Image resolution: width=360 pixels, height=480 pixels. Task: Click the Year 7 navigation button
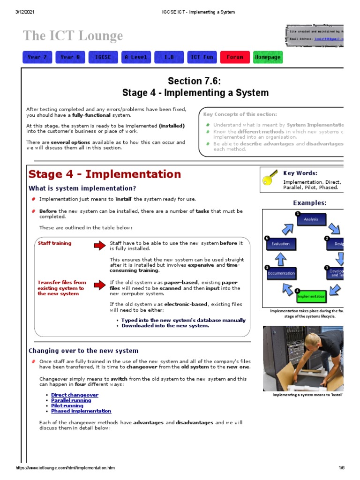tap(37, 57)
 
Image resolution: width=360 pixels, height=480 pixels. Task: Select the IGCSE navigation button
tap(103, 57)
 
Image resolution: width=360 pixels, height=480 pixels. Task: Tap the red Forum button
tap(235, 57)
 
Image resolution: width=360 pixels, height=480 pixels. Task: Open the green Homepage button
tap(268, 57)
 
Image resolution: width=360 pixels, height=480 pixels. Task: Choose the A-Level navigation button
tap(136, 57)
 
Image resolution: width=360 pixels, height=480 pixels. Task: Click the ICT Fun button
tap(202, 57)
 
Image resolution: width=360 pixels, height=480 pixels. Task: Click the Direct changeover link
tap(75, 395)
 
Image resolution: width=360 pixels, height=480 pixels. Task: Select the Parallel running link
tap(71, 401)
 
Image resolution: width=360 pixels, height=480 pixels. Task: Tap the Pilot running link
tap(67, 406)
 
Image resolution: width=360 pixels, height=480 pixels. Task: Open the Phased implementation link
tap(81, 411)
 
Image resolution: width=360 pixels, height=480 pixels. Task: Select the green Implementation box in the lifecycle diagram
tap(311, 296)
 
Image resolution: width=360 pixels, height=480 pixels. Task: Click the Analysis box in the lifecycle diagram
tap(311, 219)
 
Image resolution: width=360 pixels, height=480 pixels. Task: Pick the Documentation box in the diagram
tap(281, 273)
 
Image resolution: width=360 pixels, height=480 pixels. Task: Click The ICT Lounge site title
tap(73, 36)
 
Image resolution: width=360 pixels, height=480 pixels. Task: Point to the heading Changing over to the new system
tap(83, 351)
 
